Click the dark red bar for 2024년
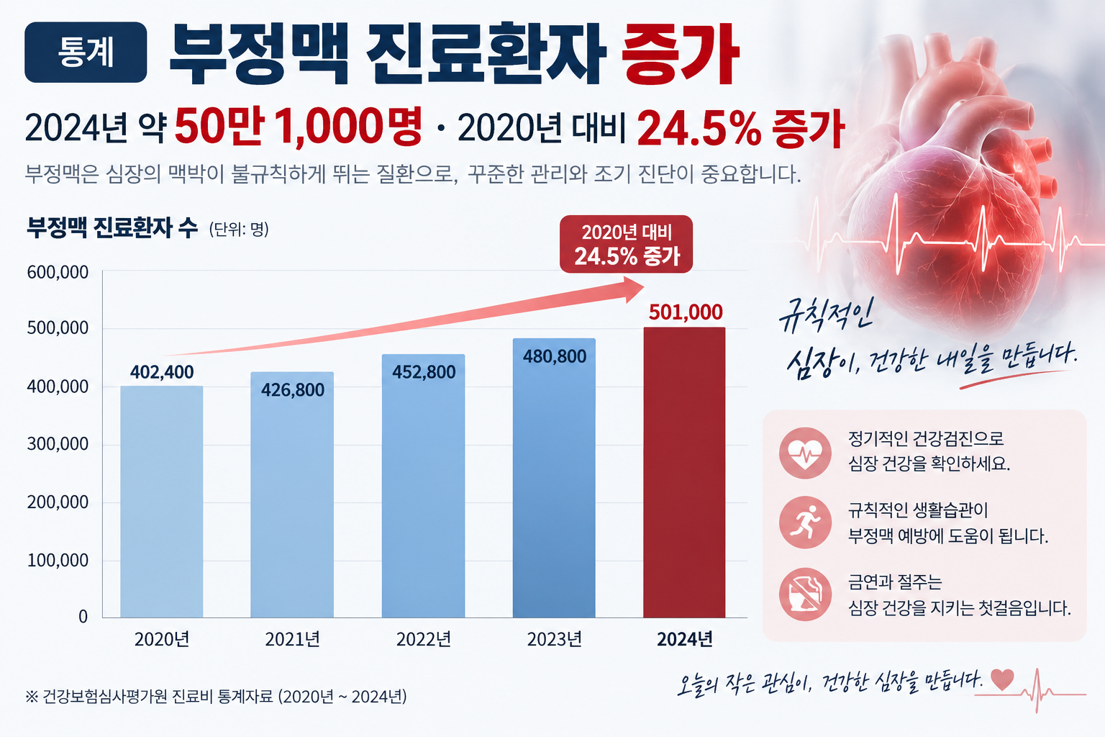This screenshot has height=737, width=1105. pos(684,472)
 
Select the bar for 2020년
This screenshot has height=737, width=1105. pos(162,502)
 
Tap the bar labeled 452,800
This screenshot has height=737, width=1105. pos(423,486)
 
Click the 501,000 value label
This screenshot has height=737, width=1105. pos(685,312)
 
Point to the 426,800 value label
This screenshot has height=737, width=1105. pos(293,390)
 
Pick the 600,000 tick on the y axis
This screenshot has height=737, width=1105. pos(58,272)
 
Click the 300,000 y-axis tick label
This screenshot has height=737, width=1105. pos(58,444)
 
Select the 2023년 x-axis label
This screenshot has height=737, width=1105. pos(555,639)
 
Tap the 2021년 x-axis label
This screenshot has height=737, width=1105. pos(293,639)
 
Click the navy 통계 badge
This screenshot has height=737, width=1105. pos(86,53)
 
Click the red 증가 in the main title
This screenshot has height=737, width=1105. pos(680,55)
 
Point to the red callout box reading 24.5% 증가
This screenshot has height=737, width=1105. pos(626,244)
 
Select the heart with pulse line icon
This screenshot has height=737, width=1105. pos(805,453)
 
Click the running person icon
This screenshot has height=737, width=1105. pos(805,523)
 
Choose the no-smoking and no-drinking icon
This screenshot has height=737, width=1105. pos(805,594)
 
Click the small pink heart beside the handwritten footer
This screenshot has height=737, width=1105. pos(1002,679)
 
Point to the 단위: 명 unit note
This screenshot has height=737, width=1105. pos(239,230)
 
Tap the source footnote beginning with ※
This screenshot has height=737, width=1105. pos(216,697)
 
